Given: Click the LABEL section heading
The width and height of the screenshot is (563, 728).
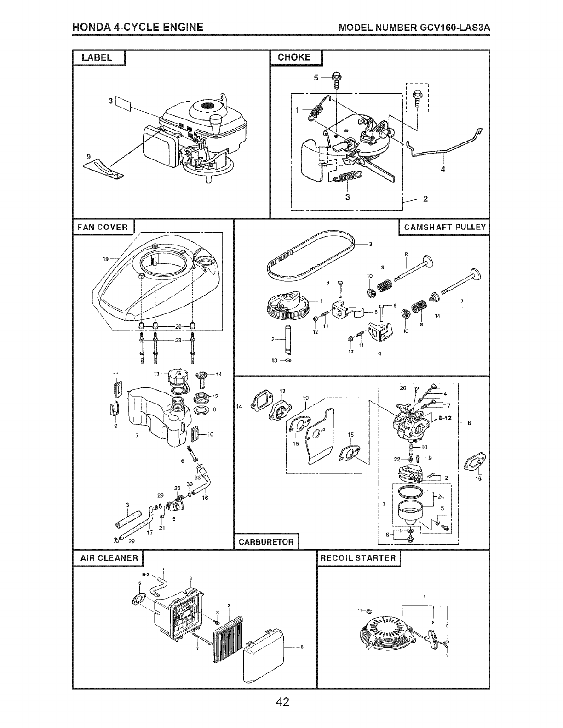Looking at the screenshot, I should point(97,57).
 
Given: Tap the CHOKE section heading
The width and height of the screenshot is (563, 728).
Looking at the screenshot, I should point(294,57).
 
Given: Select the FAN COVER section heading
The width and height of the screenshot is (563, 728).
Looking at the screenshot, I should point(102,227).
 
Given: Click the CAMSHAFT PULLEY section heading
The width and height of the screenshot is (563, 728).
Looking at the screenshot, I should point(444,227).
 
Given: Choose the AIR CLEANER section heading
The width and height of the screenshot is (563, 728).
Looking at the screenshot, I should point(109,558).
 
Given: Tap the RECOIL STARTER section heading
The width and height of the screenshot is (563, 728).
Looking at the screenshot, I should point(358,558).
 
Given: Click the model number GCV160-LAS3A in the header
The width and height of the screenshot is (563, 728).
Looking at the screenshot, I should point(454,28).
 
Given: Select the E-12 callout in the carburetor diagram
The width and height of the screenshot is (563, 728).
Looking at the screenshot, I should point(445,418).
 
